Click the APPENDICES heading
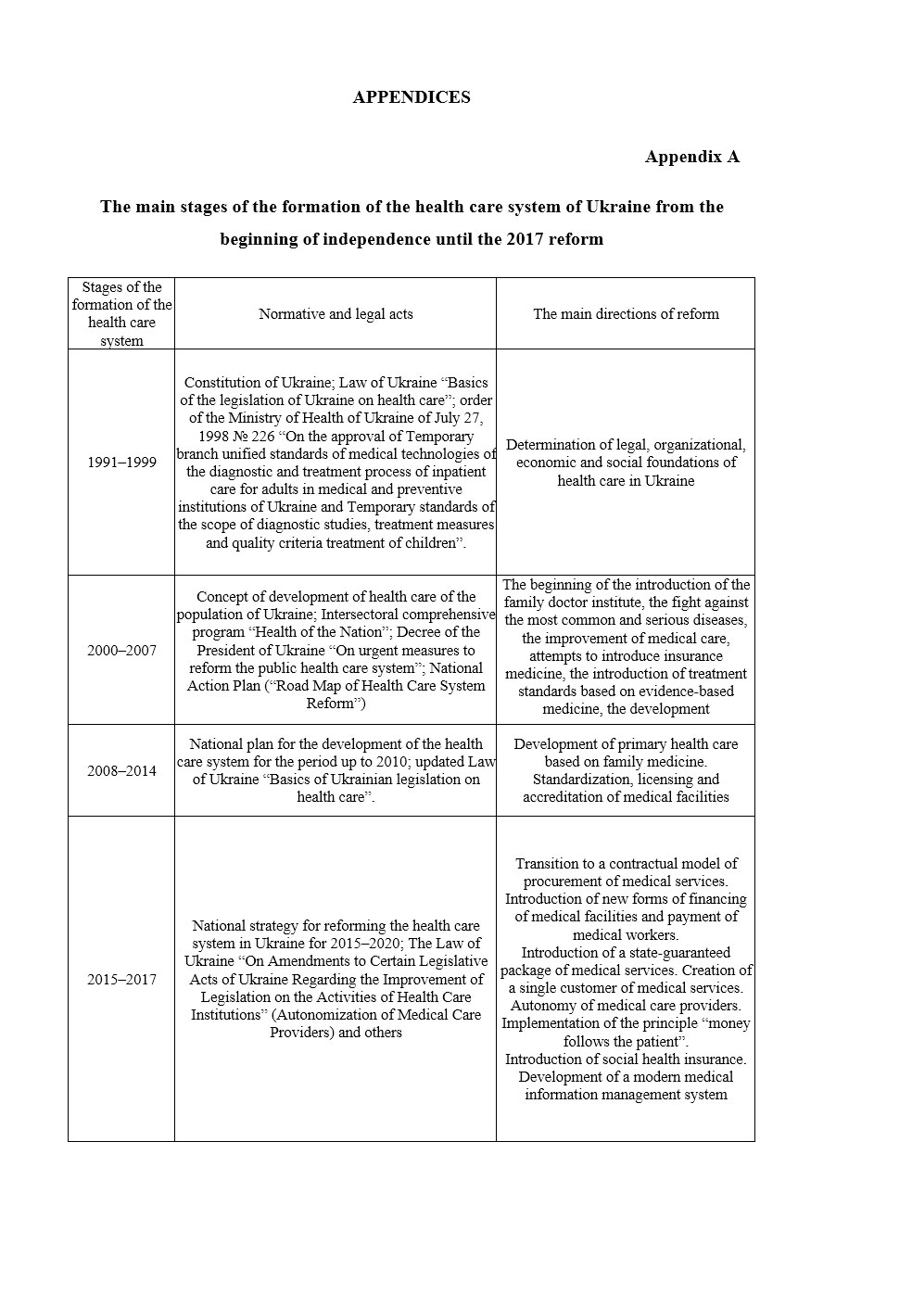coord(411,97)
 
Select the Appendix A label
coord(691,157)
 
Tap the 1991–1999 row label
coord(121,463)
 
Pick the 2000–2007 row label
coord(121,651)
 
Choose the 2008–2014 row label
coord(121,771)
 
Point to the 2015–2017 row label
coord(121,980)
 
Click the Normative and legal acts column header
coord(336,314)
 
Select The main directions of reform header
coord(626,314)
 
